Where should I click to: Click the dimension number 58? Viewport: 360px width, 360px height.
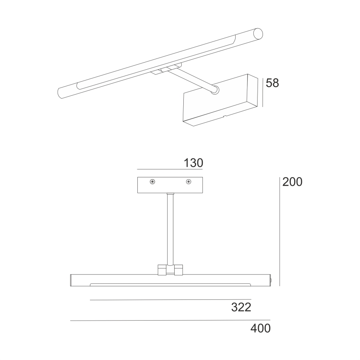272,83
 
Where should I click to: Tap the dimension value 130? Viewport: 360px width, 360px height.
193,163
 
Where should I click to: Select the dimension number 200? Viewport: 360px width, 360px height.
292,182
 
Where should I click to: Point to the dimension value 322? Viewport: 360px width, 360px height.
241,307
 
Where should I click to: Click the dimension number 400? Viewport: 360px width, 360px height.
260,328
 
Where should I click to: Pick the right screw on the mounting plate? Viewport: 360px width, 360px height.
189,182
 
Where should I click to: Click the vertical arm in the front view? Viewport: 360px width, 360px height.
170,228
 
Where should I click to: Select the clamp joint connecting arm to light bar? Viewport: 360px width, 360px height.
170,270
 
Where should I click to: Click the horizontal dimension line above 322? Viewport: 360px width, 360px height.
170,299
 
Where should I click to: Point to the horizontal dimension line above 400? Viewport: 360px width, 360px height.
170,320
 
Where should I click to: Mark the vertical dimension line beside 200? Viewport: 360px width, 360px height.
280,231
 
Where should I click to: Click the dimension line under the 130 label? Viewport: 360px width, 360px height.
170,170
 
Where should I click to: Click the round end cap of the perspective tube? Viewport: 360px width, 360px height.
258,33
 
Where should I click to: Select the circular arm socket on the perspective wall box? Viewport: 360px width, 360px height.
215,90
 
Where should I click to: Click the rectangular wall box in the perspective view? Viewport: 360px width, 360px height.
220,104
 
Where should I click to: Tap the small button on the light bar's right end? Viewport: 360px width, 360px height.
272,280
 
